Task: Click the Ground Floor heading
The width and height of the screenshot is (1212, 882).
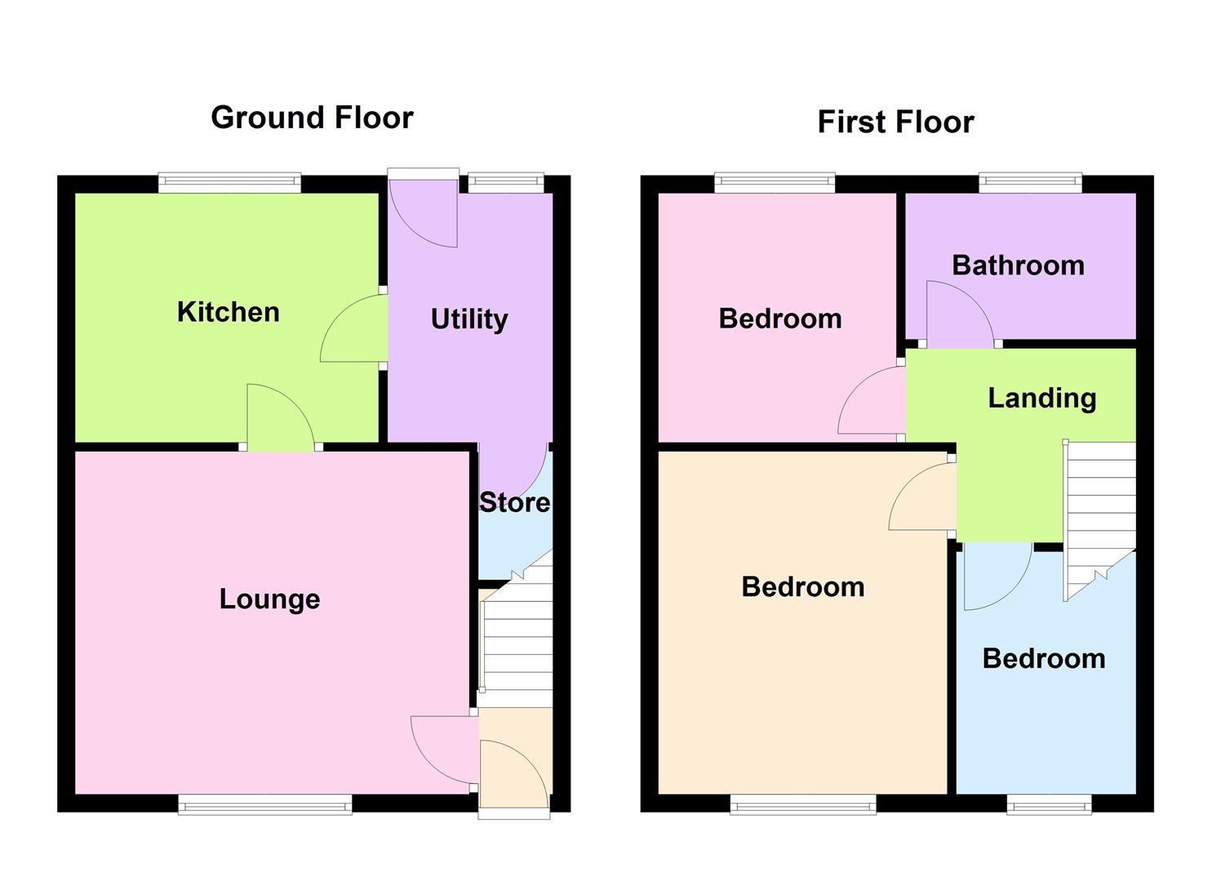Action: (x=312, y=118)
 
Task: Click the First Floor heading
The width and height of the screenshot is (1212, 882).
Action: (x=895, y=122)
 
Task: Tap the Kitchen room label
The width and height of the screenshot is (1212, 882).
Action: (x=228, y=312)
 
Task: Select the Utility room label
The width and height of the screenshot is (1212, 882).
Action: (x=469, y=318)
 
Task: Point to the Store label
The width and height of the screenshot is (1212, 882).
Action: (x=514, y=502)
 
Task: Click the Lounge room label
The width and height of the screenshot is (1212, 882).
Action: (x=269, y=599)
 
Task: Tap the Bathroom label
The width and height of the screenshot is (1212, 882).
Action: (x=1018, y=265)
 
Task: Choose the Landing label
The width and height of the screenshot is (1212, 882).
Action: (x=1041, y=398)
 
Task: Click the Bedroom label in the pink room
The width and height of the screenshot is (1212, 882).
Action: (x=780, y=318)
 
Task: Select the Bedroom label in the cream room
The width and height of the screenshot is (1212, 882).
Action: (x=803, y=587)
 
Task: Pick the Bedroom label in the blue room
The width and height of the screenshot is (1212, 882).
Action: (x=1044, y=659)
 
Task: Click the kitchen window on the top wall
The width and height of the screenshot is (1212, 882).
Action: (x=229, y=183)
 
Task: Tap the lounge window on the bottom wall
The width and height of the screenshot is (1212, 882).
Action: (x=265, y=805)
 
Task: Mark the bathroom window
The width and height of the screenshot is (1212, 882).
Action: (x=1031, y=183)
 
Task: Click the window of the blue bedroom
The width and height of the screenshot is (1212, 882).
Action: (x=1049, y=805)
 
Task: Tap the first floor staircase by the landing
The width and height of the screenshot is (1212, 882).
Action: (x=1100, y=514)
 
